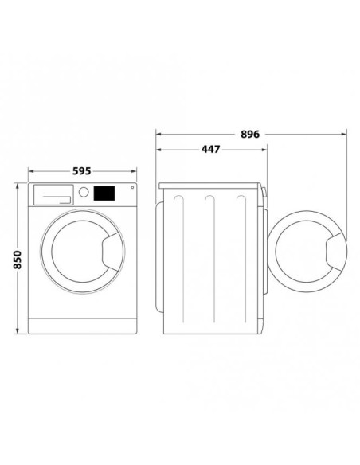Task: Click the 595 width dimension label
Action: click(x=81, y=171)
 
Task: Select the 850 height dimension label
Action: click(x=18, y=260)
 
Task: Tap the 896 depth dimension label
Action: click(x=250, y=135)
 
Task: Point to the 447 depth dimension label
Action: click(x=211, y=149)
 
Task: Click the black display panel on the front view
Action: click(x=104, y=193)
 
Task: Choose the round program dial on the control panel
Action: click(x=84, y=192)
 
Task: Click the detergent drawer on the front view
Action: click(x=53, y=194)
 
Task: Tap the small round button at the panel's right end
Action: click(x=132, y=187)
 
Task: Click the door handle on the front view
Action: click(x=113, y=252)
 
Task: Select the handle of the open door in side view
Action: click(x=336, y=252)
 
